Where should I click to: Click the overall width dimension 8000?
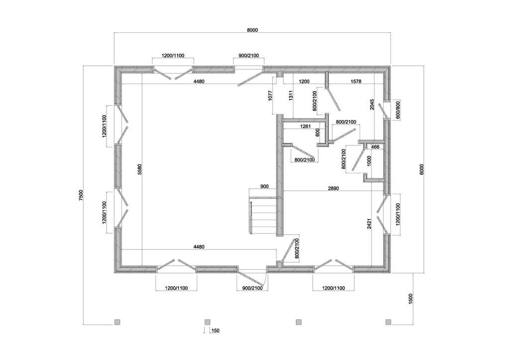253,30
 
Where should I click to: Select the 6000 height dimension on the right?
421,169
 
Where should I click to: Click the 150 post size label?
215,331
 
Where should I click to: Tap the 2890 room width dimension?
334,188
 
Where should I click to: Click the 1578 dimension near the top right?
356,81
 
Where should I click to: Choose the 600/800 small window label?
397,110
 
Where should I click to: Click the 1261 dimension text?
305,126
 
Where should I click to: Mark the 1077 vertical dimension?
269,96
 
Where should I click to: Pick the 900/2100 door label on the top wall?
249,56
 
